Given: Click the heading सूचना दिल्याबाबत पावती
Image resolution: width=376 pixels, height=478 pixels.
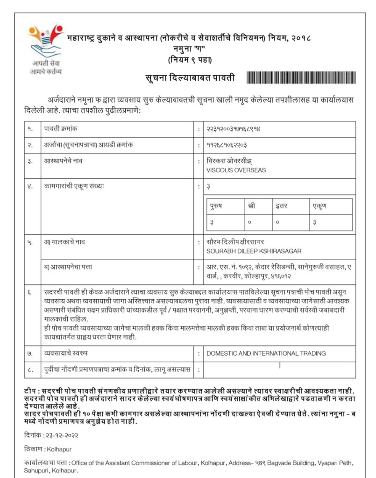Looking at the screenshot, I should (190, 77).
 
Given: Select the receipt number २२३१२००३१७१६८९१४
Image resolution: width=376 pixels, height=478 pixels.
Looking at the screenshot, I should (233, 129).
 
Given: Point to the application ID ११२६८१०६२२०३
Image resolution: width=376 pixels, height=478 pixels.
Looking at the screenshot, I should (227, 145).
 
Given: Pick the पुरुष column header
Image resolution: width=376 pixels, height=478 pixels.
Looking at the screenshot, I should (216, 206).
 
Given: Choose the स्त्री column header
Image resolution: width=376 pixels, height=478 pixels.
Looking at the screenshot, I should (250, 206).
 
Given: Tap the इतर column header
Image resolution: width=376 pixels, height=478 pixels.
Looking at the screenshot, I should (281, 206).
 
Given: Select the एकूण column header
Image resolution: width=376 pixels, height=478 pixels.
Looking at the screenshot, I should (320, 206).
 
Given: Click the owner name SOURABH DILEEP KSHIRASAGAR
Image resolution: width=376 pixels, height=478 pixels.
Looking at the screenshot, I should (254, 251).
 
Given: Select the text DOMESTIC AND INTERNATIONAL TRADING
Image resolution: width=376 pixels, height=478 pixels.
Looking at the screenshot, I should (266, 353).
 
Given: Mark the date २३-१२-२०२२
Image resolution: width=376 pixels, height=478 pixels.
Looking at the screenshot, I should (61, 435).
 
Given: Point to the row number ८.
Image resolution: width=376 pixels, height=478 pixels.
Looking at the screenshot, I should (30, 370).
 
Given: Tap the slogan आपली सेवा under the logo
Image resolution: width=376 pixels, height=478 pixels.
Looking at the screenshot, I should (45, 63).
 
